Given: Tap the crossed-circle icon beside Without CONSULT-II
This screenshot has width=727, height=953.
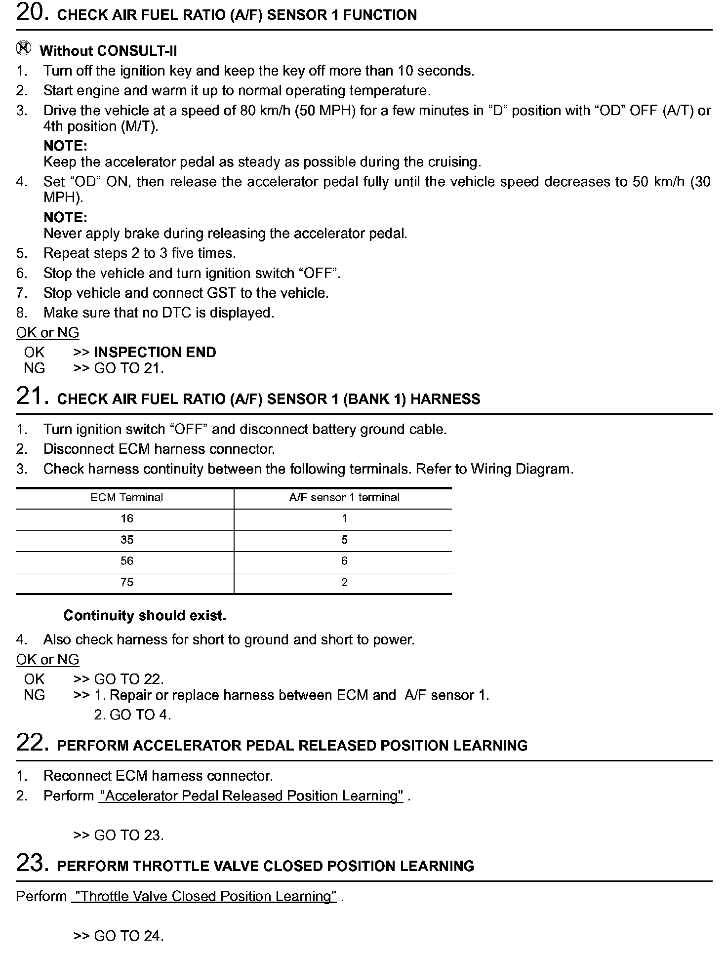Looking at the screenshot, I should click(23, 49).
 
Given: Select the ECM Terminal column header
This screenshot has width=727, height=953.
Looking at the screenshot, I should click(126, 498).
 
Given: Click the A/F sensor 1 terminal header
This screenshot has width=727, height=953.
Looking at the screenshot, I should click(344, 498).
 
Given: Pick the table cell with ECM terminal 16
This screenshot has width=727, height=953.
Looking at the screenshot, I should click(126, 519).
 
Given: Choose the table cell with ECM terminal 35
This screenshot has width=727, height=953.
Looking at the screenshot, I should click(126, 540).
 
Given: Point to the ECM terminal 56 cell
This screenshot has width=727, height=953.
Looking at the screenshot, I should click(126, 561).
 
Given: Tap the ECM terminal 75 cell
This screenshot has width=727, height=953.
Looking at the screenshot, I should click(126, 583).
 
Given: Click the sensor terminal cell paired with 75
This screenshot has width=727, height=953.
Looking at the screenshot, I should click(344, 583).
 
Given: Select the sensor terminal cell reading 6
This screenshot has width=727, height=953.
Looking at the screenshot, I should click(344, 561).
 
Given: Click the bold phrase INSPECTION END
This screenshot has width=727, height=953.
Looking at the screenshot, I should click(155, 353).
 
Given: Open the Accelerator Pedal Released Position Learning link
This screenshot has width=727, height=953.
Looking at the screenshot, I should click(251, 796).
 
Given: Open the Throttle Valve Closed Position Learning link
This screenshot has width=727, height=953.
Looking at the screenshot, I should click(204, 897).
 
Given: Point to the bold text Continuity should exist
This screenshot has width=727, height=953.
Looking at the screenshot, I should click(145, 616).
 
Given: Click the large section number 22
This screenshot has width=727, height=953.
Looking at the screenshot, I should click(32, 743).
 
